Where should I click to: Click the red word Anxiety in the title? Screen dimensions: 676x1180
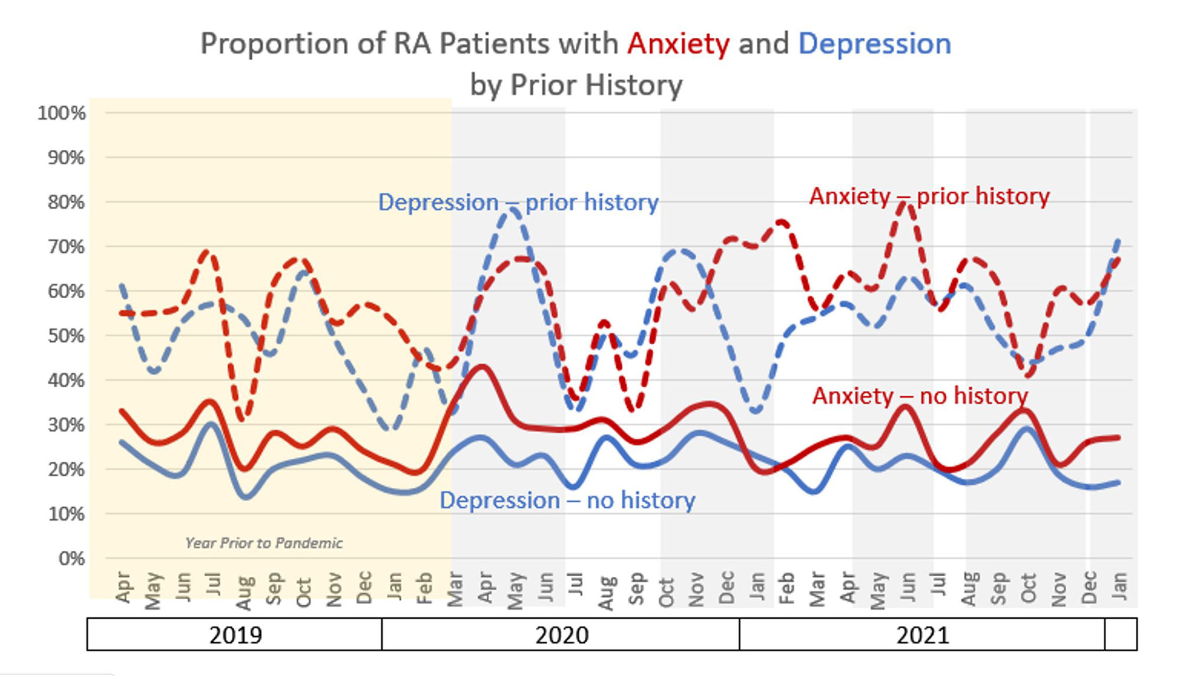(x=678, y=44)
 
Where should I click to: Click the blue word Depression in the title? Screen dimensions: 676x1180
(x=874, y=44)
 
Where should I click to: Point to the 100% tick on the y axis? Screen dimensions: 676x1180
(x=61, y=113)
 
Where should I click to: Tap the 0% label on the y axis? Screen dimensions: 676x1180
(x=71, y=559)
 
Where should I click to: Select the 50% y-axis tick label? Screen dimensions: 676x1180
(x=66, y=336)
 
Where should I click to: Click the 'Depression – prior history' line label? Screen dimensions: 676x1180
(x=518, y=203)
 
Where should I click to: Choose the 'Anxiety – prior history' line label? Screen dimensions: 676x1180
(x=929, y=196)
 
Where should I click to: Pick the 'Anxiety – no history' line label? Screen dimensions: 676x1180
(x=920, y=396)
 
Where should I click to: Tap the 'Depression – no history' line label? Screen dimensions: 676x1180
(x=567, y=501)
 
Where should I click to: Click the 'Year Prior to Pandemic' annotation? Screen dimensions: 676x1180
(x=264, y=543)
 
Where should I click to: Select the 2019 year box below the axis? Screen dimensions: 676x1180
(x=235, y=635)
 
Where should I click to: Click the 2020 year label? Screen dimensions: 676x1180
(x=561, y=635)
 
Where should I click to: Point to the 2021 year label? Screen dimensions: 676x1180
(x=922, y=635)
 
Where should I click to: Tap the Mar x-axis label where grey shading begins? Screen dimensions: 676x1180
(x=454, y=589)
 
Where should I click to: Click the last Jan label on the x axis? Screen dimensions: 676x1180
(x=1119, y=586)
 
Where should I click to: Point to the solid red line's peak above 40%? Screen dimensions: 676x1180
(x=482, y=367)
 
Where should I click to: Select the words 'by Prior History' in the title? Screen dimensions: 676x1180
(x=576, y=85)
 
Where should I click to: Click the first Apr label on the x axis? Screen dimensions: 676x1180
(x=122, y=587)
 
